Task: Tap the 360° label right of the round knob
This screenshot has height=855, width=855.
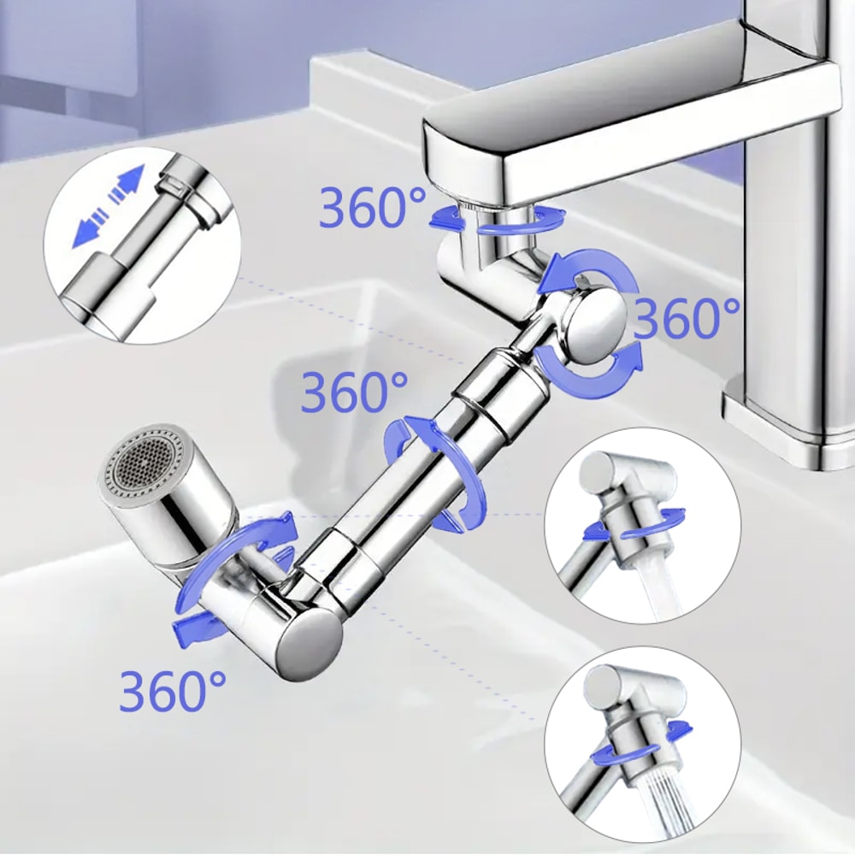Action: coord(687,319)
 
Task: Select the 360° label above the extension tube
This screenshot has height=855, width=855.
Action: coord(355,392)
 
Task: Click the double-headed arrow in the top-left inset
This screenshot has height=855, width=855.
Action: coord(108,207)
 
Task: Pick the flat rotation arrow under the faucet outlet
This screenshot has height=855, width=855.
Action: coord(496,221)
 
